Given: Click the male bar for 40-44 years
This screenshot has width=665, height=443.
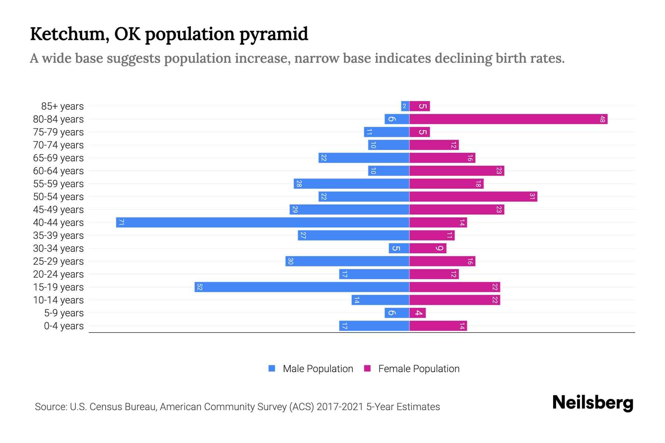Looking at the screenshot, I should [x=262, y=223].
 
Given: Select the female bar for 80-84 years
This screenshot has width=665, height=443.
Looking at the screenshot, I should [x=508, y=119].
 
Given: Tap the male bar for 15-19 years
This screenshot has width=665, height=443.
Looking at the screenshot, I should [x=302, y=287].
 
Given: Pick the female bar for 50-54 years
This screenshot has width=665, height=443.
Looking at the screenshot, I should [x=473, y=197].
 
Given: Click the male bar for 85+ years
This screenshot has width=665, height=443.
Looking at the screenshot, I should [x=405, y=106].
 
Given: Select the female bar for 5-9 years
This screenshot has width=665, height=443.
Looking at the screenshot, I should [x=417, y=313].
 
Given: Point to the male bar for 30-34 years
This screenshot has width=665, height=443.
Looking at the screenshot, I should [x=399, y=248].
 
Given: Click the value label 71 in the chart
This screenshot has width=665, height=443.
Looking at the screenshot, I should [x=121, y=223].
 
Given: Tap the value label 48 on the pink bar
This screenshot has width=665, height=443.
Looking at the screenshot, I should [x=602, y=119].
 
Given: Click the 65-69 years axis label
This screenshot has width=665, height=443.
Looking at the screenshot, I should [x=58, y=158].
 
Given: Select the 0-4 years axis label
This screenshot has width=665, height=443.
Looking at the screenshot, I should [x=64, y=326].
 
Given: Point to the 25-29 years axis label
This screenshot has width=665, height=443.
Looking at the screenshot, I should [x=58, y=261].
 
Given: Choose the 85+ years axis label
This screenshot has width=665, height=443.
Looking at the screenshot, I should [x=62, y=106].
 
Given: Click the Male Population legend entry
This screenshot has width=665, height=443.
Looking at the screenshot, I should [x=318, y=369].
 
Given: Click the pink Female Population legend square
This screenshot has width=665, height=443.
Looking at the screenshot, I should [x=367, y=368].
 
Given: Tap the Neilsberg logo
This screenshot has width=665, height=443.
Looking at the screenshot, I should [x=593, y=403].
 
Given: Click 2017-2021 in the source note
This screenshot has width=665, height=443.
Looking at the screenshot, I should [x=340, y=407].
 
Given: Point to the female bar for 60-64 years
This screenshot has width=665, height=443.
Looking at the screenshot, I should [x=457, y=171].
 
